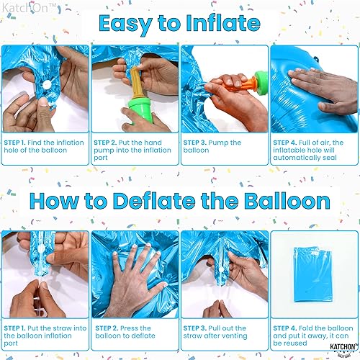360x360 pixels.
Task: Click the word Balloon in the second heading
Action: [x=284, y=201]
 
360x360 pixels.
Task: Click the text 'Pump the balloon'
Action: [x=216, y=147]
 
